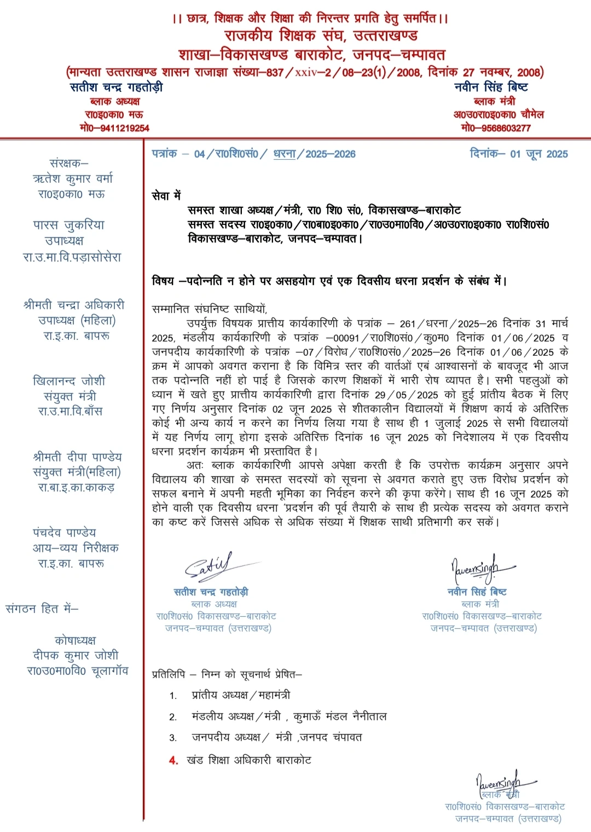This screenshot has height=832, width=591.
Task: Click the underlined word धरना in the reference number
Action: [285, 154]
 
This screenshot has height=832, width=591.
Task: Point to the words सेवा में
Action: [166, 195]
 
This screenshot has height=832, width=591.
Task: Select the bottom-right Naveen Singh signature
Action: [501, 783]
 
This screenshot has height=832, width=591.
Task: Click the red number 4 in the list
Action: [173, 760]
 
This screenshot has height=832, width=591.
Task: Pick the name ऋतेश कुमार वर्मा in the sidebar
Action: [73, 178]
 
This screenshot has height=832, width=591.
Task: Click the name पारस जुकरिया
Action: [68, 225]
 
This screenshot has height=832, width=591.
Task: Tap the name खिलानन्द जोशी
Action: [69, 381]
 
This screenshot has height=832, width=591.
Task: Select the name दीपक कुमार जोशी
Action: [76, 655]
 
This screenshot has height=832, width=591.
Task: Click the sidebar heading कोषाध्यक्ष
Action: [75, 640]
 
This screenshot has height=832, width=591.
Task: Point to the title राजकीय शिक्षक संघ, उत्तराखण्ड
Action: [321, 36]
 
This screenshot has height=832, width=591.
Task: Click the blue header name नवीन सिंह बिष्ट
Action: [491, 88]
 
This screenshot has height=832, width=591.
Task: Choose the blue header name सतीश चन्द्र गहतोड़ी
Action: [117, 88]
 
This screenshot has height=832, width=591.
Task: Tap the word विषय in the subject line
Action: [163, 281]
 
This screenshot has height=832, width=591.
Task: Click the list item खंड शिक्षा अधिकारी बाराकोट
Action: [249, 760]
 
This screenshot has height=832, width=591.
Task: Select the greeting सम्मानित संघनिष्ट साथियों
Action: [210, 309]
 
